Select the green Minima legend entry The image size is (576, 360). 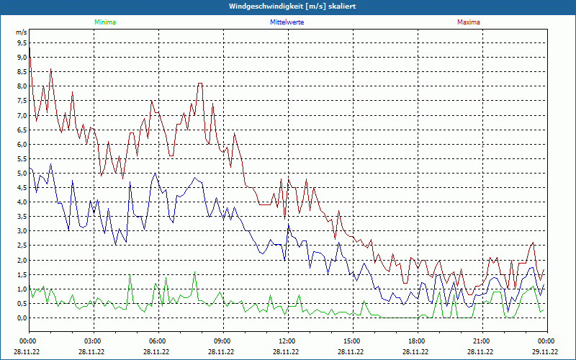pyautogui.click(x=104, y=22)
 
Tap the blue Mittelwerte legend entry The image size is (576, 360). pyautogui.click(x=287, y=22)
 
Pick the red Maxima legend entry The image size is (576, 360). pyautogui.click(x=468, y=22)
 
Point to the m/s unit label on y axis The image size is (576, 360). pyautogui.click(x=22, y=33)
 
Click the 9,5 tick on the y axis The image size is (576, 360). pyautogui.click(x=22, y=43)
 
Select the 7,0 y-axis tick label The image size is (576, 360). pyautogui.click(x=22, y=116)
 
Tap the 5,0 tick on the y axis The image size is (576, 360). pyautogui.click(x=22, y=174)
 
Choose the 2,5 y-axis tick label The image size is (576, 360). pyautogui.click(x=22, y=246)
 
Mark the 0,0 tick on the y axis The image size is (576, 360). pyautogui.click(x=22, y=318)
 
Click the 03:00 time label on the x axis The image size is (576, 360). pyautogui.click(x=93, y=341)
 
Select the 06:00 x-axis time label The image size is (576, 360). pyautogui.click(x=158, y=341)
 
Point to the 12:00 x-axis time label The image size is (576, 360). pyautogui.click(x=287, y=341)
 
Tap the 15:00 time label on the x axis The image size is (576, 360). pyautogui.click(x=352, y=341)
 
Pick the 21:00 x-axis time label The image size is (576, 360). pyautogui.click(x=482, y=341)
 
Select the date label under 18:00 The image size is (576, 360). pyautogui.click(x=416, y=352)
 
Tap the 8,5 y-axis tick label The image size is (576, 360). pyautogui.click(x=22, y=72)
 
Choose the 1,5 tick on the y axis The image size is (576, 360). pyautogui.click(x=22, y=274)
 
